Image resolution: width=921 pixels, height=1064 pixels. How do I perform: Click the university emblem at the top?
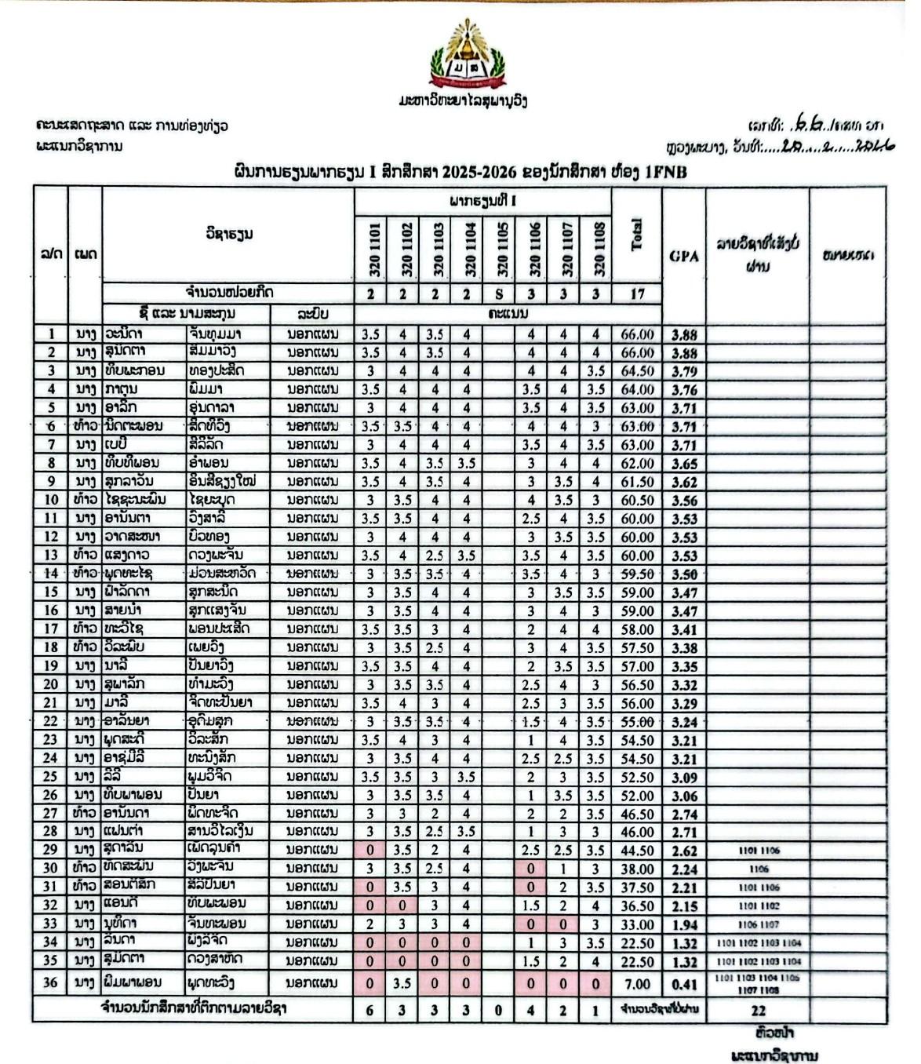point(468,55)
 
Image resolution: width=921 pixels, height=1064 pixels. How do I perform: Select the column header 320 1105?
point(499,248)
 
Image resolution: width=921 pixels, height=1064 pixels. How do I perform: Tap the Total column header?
point(637,234)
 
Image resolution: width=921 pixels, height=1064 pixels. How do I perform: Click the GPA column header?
point(684,255)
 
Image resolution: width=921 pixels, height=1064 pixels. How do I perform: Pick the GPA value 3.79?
point(684,371)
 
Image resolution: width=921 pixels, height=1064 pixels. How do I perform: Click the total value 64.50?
point(637,371)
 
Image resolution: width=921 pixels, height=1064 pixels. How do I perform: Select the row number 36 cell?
point(50,982)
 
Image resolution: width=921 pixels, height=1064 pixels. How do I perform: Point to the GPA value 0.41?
point(684,984)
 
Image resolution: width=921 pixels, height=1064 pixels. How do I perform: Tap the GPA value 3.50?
point(684,574)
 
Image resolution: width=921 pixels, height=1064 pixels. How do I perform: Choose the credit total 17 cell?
point(637,293)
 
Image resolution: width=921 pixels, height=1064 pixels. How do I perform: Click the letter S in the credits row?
point(499,293)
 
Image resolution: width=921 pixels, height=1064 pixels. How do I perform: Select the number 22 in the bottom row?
point(757,1011)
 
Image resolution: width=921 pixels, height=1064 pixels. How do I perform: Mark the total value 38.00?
point(637,869)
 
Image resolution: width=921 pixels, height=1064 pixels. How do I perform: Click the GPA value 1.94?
point(684,924)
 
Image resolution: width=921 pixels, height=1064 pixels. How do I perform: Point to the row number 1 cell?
point(50,333)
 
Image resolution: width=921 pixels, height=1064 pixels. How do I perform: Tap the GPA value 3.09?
point(684,778)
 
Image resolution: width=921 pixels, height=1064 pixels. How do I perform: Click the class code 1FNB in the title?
point(665,172)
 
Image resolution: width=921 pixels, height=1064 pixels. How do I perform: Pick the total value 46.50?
point(637,814)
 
